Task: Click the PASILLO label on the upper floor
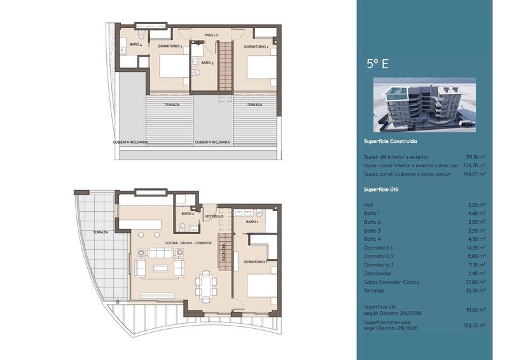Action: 212,35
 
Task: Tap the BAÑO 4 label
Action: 135,45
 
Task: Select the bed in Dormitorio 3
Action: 171,67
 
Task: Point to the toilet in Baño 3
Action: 197,73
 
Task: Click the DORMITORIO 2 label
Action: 256,46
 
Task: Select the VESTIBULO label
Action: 213,216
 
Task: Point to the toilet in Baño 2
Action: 182,226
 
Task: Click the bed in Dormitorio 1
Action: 261,284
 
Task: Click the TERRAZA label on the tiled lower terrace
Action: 100,232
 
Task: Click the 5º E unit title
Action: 377,63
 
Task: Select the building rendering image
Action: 424,105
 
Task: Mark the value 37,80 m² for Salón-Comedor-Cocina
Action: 475,282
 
